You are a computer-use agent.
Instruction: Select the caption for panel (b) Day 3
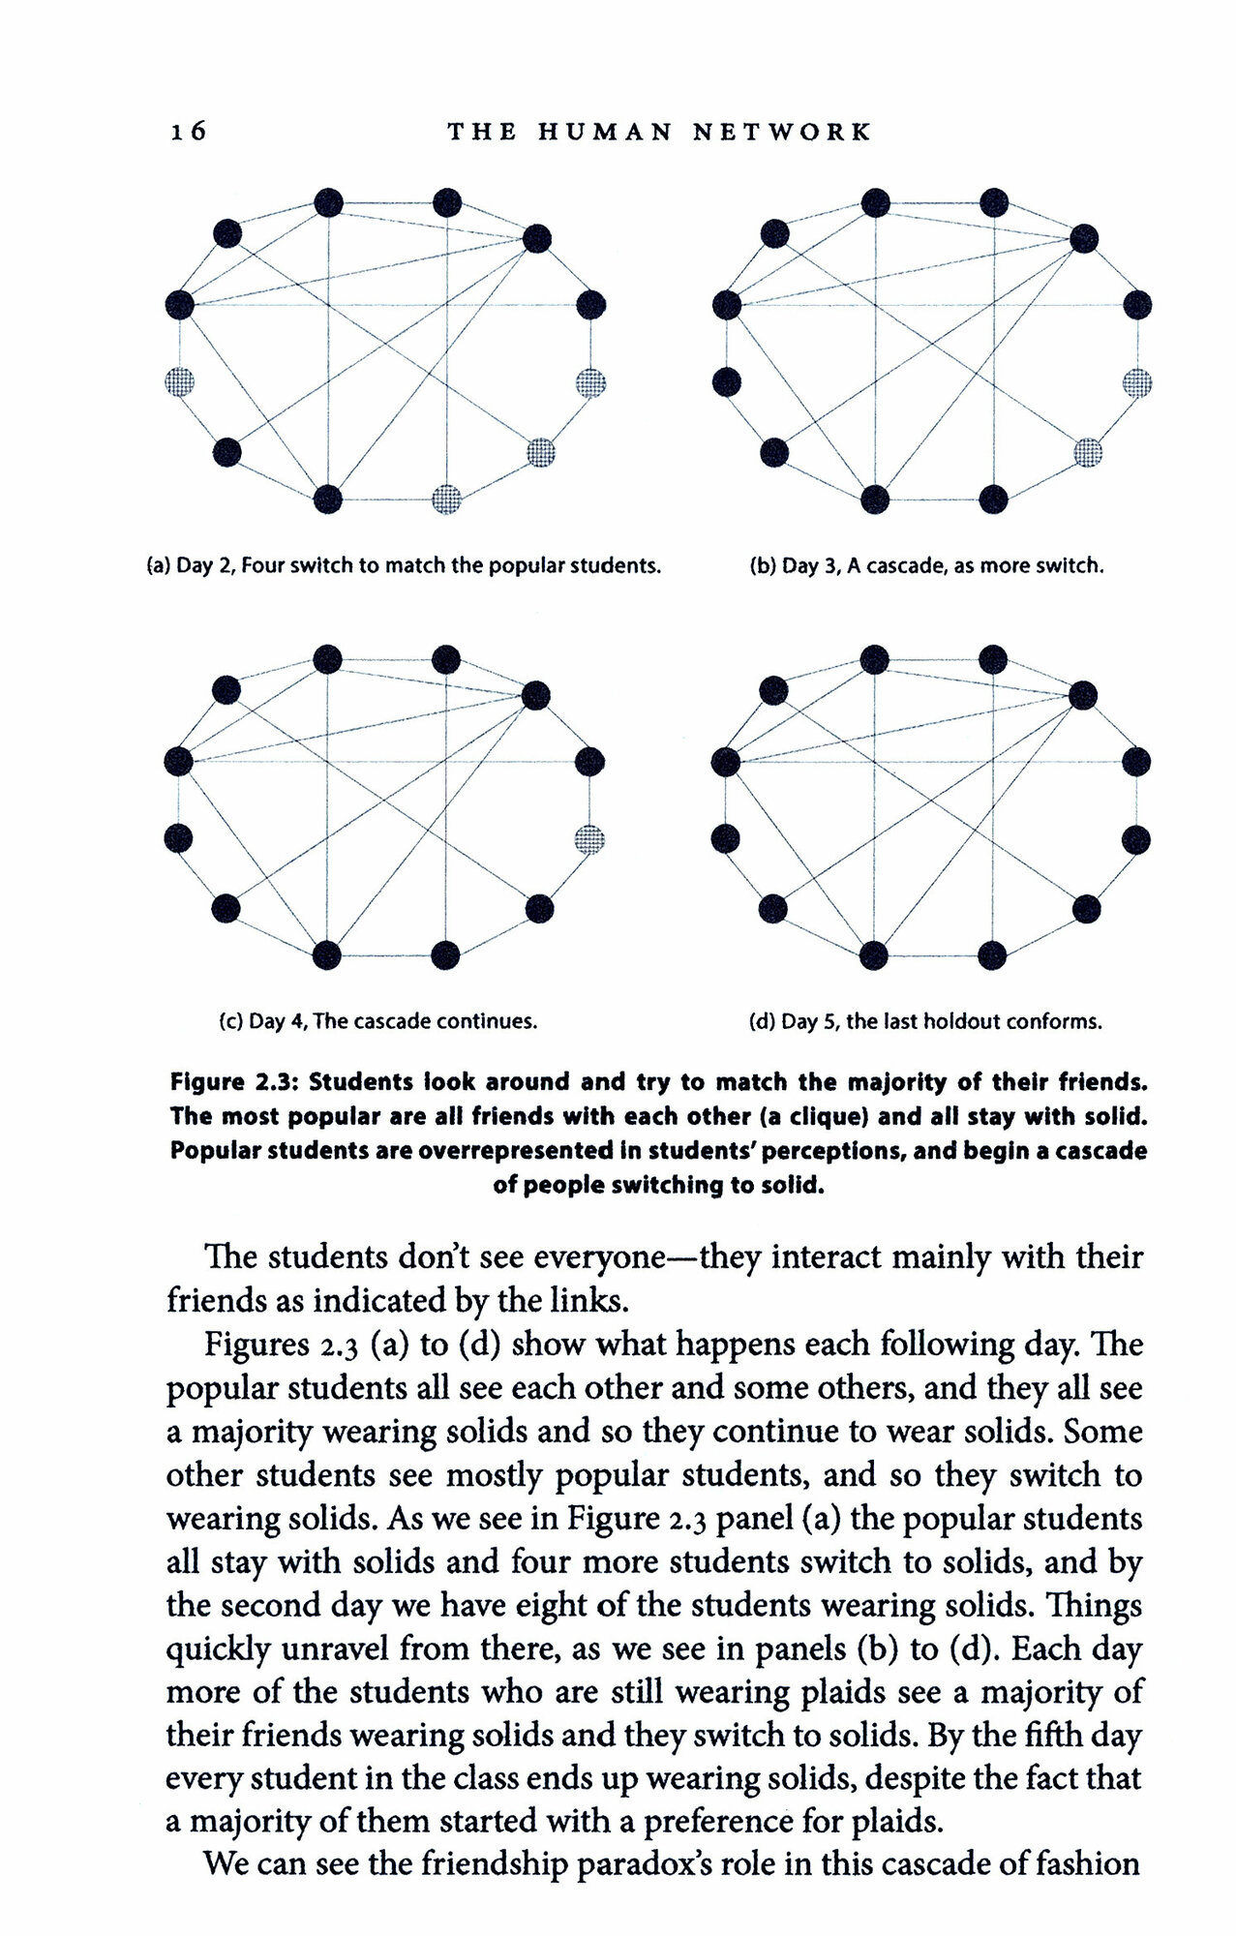926,565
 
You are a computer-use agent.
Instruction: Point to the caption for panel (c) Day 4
379,1021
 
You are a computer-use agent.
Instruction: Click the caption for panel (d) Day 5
925,1021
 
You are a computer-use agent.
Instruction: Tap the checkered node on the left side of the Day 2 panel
179,381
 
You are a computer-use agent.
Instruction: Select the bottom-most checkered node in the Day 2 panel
446,499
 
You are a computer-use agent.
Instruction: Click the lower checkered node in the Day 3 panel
1089,451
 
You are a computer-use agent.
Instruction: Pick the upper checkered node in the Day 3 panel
1137,382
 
